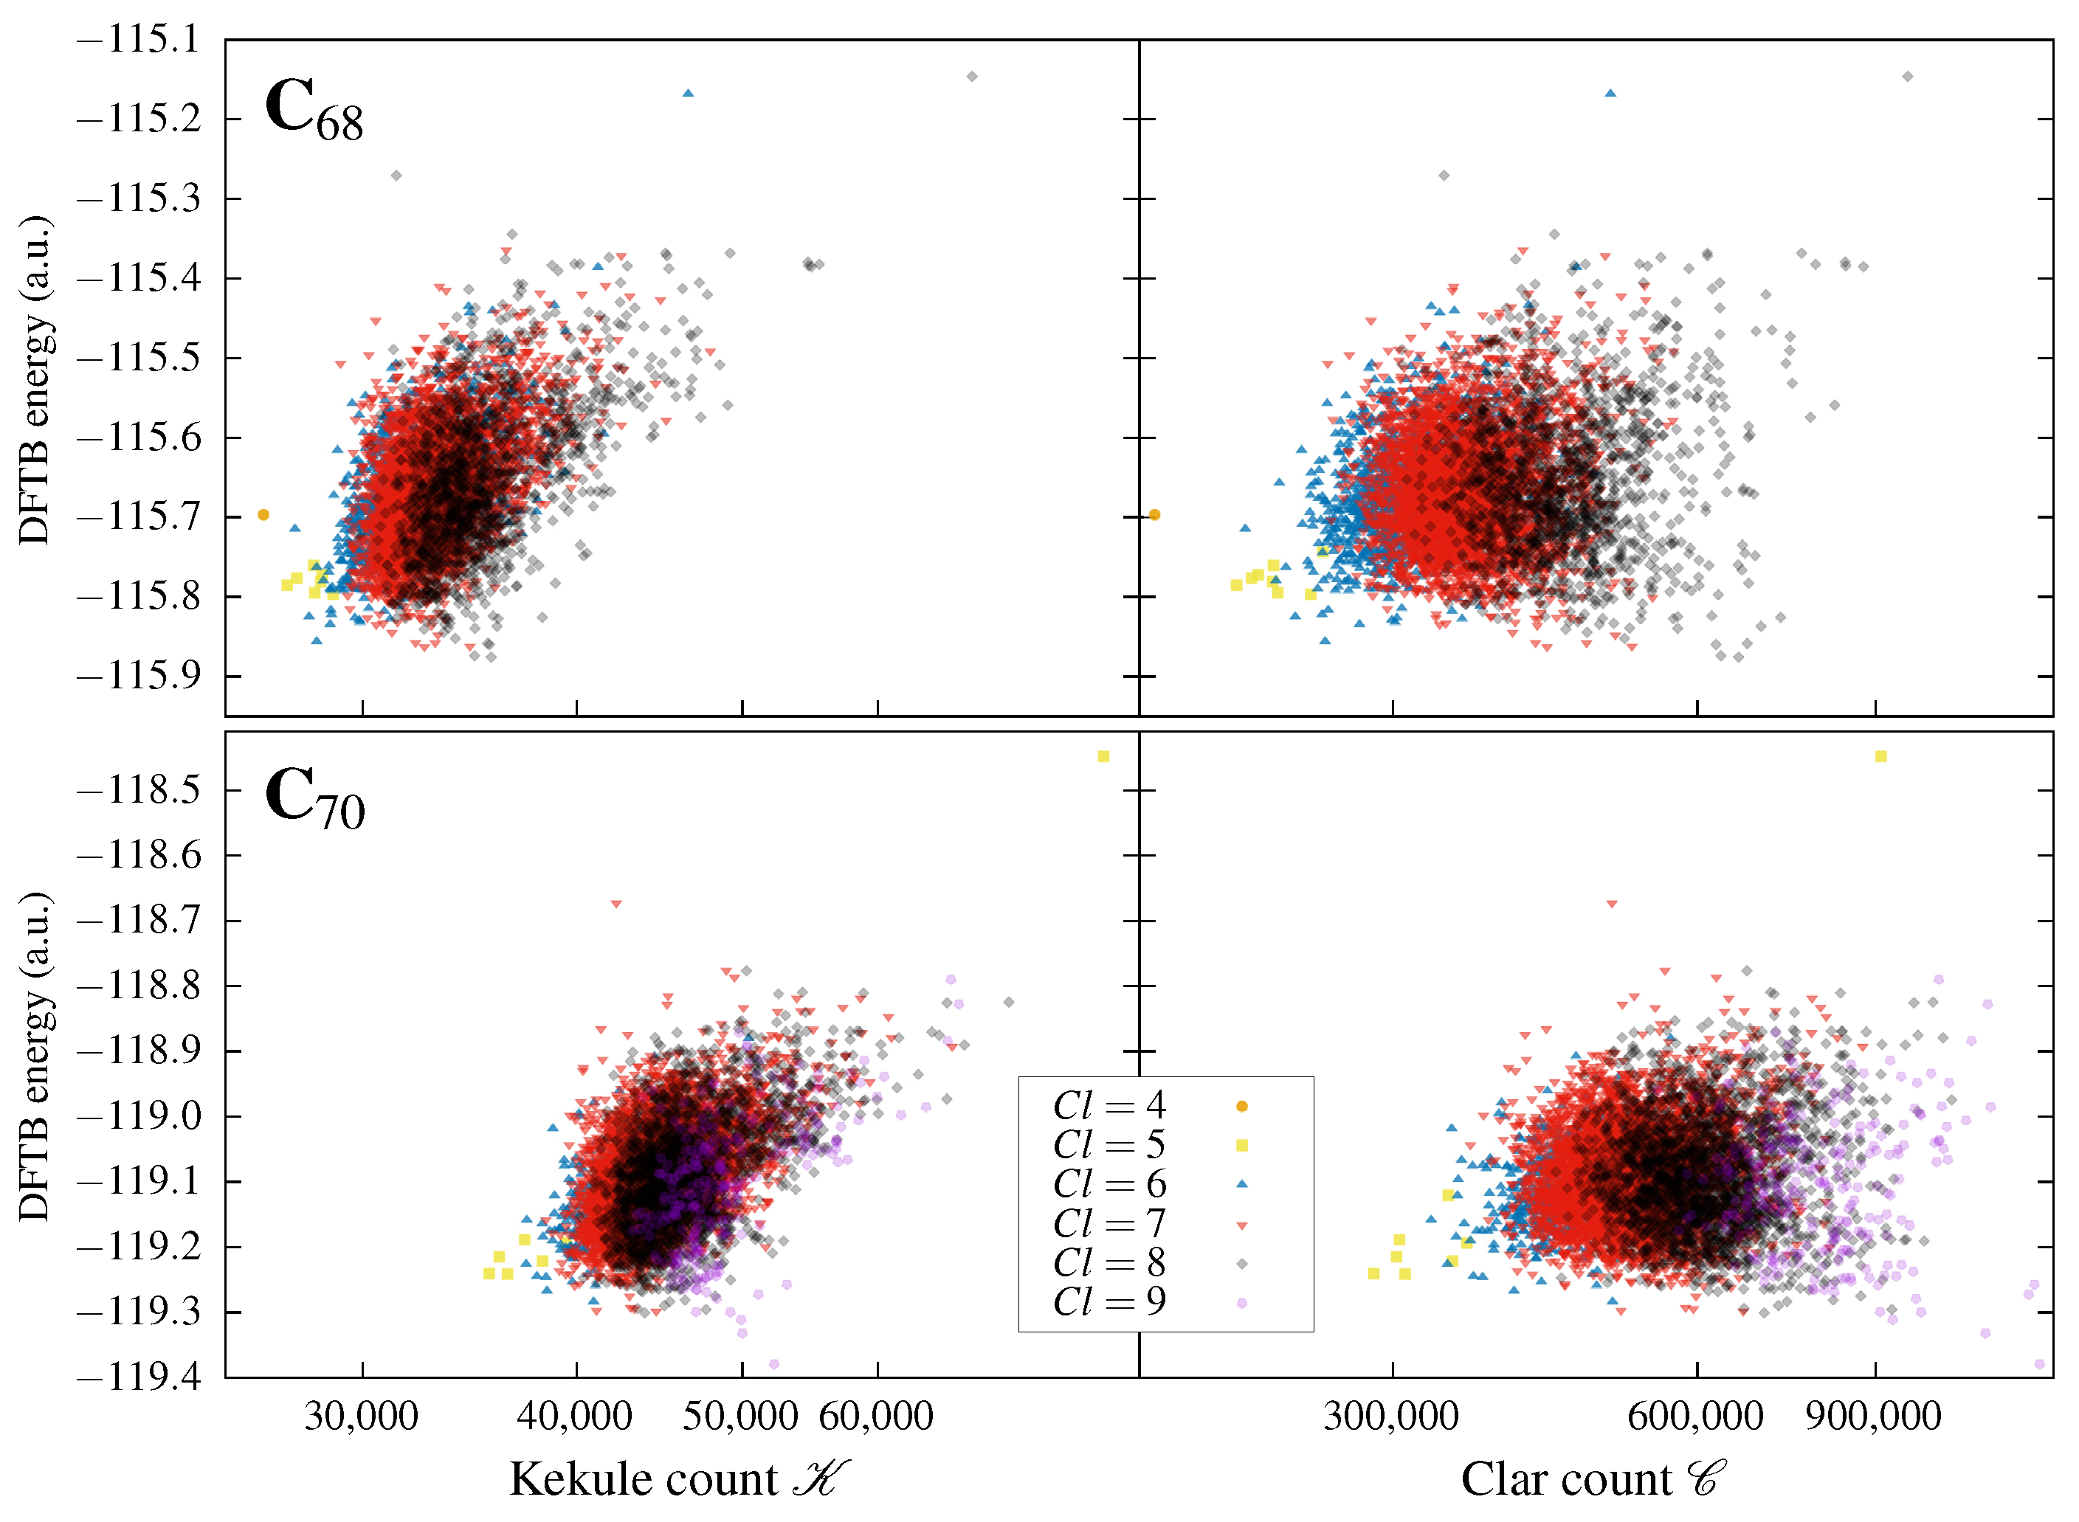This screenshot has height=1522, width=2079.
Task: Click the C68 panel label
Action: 314,110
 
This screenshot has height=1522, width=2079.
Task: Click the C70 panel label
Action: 314,798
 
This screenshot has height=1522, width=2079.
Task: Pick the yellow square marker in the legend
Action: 1242,1145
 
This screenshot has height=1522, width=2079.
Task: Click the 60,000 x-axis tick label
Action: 875,1416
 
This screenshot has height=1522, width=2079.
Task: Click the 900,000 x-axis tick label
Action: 1874,1416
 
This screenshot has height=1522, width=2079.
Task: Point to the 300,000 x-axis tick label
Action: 1390,1416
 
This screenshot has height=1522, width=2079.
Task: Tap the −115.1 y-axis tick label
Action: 138,40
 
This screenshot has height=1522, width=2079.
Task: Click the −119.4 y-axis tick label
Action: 138,1377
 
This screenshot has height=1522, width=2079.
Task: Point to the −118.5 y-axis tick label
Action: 138,789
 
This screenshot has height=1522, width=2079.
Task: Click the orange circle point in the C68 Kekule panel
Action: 263,515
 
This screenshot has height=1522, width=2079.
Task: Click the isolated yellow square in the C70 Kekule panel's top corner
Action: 1103,756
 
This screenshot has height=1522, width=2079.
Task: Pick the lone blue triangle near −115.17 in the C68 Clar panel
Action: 1610,93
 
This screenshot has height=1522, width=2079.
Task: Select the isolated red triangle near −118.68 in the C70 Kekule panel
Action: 616,904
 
